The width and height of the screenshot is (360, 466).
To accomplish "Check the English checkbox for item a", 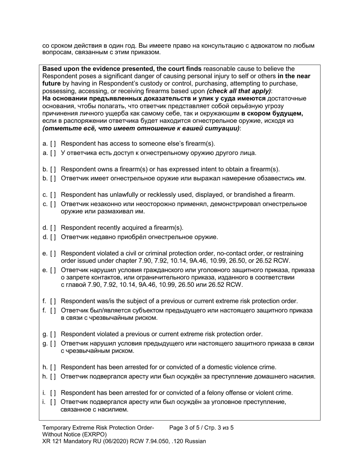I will pyautogui.click(x=53, y=144).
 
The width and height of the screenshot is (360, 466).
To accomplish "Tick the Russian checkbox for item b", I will pyautogui.click(x=53, y=178).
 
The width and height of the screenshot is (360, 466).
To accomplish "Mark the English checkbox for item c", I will pyautogui.click(x=53, y=195).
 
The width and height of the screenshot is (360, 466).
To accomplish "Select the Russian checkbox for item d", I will pyautogui.click(x=53, y=237).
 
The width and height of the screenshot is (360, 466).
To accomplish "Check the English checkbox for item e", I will pyautogui.click(x=53, y=253).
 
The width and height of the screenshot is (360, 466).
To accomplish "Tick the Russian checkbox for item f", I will pyautogui.click(x=53, y=311).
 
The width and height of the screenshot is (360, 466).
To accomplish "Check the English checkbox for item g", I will pyautogui.click(x=53, y=334).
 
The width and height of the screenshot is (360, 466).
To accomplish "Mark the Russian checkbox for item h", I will pyautogui.click(x=53, y=377).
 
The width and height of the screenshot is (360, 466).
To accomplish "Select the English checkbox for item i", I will pyautogui.click(x=53, y=393).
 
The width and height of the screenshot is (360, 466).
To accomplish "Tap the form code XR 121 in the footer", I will pyautogui.click(x=53, y=441).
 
